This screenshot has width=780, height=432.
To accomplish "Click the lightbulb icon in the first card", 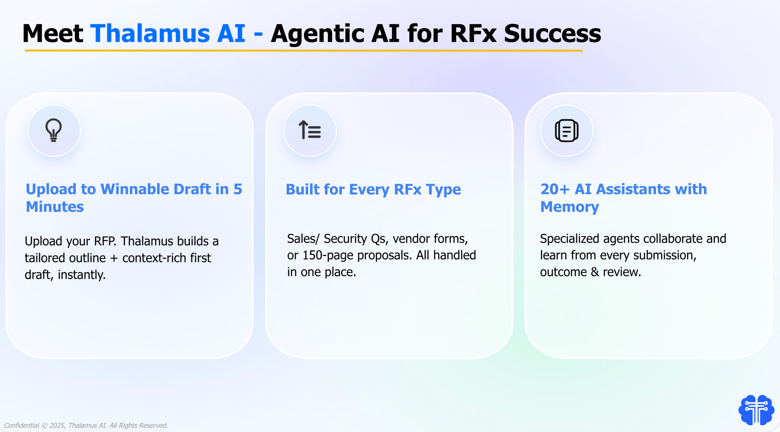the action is pos(54,130).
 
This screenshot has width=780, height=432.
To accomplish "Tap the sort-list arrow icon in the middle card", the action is pos(310,130).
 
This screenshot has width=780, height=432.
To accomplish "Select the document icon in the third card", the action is pos(566,130).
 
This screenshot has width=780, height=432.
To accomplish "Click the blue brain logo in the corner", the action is pos(756,410).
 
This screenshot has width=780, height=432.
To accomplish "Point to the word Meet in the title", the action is pos(53,34).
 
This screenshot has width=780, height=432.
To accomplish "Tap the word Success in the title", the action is pos(552,34).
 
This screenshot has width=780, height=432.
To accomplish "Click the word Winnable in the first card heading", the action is pos(135,189).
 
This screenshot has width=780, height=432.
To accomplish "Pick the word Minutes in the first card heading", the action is pos(55,206).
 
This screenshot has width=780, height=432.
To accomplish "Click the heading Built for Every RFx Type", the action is pos(373,190).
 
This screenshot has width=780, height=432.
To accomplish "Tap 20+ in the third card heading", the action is pos(555,189).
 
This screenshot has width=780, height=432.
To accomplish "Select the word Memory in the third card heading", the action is pos(569,207).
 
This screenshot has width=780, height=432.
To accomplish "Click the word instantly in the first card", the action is pos(82,275).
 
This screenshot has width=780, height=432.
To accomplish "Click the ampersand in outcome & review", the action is pos(595,272).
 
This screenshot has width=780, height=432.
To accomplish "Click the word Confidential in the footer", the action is pos(21,425).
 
